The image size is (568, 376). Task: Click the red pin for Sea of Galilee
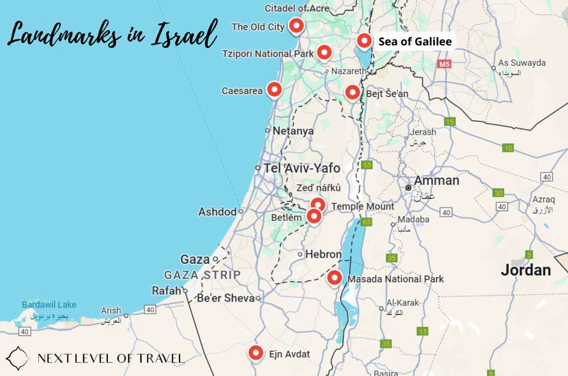(x=364, y=42)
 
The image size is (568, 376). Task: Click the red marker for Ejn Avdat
(x=256, y=352)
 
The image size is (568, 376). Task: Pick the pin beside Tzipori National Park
(x=324, y=52)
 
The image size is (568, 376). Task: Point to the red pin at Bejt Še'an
(x=352, y=91)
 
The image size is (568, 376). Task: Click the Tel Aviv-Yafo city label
(x=302, y=168)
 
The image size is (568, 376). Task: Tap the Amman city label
(x=436, y=180)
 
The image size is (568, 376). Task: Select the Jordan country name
(x=526, y=270)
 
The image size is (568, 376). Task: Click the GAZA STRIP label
(x=202, y=275)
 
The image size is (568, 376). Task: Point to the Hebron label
(x=323, y=254)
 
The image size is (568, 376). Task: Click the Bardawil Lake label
(x=49, y=305)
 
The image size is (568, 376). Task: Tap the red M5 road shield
(x=444, y=63)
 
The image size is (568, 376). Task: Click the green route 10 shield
(x=508, y=148)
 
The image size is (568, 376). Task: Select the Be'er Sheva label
(x=225, y=298)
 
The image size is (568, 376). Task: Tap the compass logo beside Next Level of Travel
(x=18, y=358)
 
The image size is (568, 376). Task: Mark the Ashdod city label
(x=217, y=212)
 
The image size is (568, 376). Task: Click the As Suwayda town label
(x=522, y=63)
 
